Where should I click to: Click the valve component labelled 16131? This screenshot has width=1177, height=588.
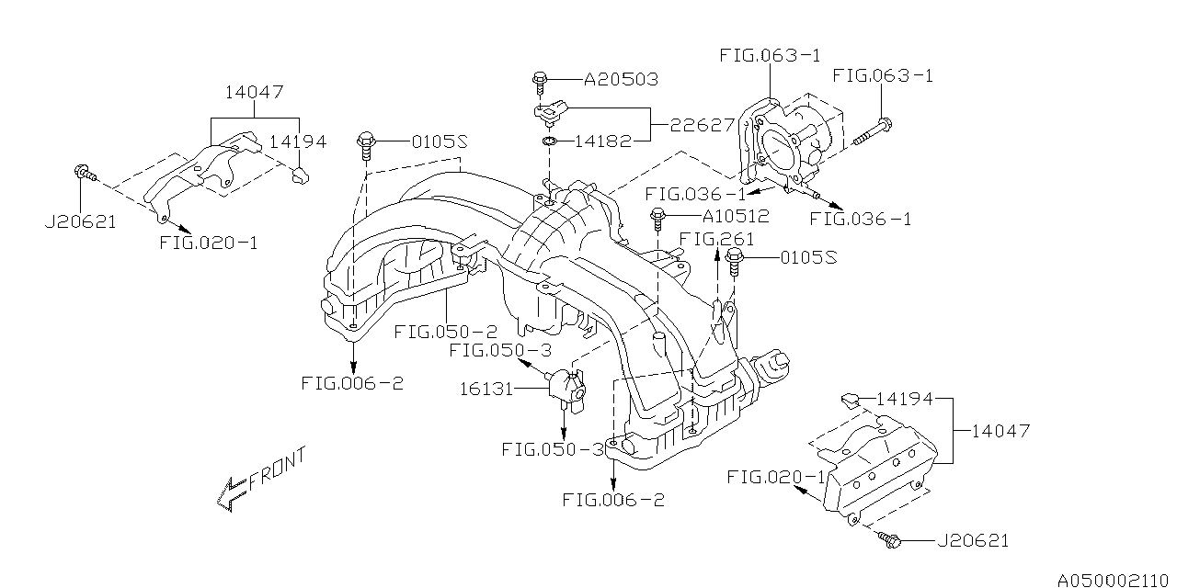click(565, 389)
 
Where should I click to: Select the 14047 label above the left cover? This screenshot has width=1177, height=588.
click(255, 92)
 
